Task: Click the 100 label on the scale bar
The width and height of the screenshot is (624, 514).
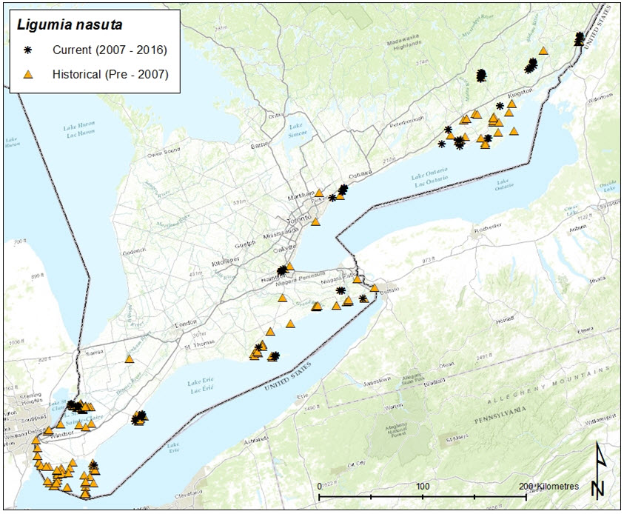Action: click(423, 486)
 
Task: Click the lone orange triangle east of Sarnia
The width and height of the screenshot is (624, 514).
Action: click(130, 358)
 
